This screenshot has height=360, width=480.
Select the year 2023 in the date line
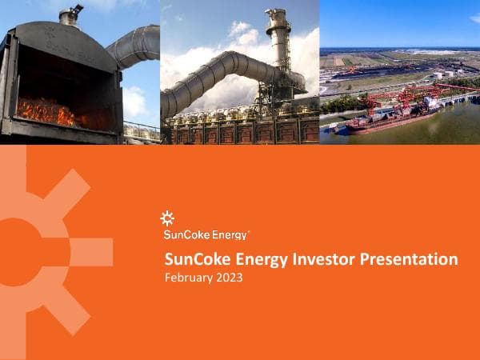click(x=227, y=278)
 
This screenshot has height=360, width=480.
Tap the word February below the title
click(x=187, y=278)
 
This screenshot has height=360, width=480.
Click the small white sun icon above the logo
click(x=167, y=217)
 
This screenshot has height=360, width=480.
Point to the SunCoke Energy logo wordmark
click(x=206, y=234)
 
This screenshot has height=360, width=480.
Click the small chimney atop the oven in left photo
click(x=70, y=14)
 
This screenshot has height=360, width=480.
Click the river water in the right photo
click(x=448, y=128)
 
